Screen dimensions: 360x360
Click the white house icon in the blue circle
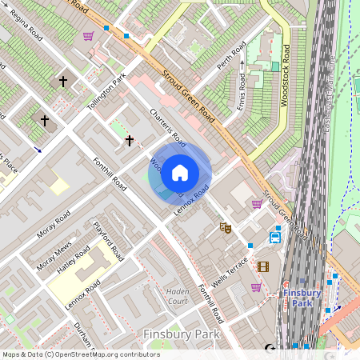point(180,172)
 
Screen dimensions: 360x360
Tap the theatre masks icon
point(226,228)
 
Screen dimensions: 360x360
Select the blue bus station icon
point(275,237)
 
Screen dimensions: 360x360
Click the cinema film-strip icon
point(263,266)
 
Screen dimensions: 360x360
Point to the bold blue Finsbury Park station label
point(302,298)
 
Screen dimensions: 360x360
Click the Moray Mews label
point(54,254)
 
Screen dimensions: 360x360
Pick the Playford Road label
point(108,242)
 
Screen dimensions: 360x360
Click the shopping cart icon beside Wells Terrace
point(256,286)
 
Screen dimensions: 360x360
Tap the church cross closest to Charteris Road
point(129,141)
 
